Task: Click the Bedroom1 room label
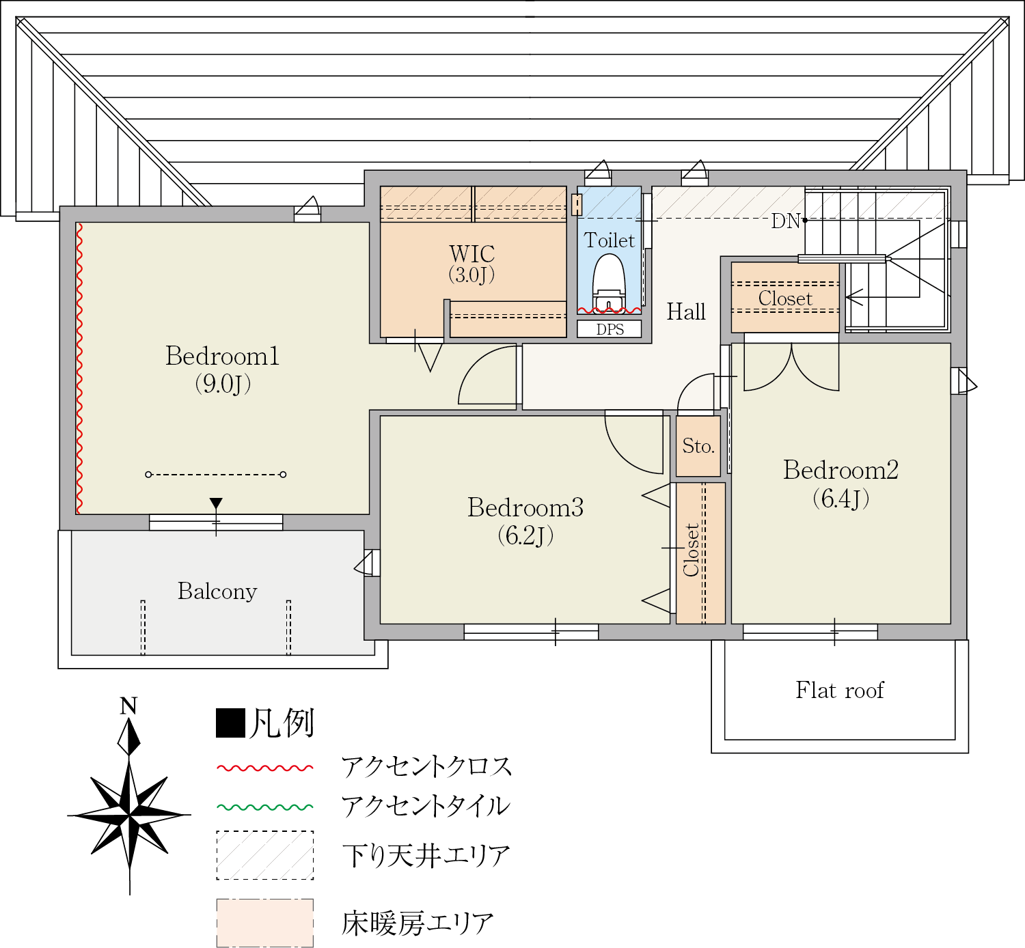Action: coord(222,356)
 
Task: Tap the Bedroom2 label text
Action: coord(840,470)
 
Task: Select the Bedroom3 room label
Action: coord(525,507)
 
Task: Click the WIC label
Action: coord(471,254)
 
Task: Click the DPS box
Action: coord(609,329)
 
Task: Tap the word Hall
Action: coord(686,311)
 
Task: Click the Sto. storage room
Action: coord(698,446)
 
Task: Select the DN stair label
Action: coord(785,221)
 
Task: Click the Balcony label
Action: coord(217,591)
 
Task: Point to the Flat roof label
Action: coord(840,691)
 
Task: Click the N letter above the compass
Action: coord(128,706)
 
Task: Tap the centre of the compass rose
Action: coord(129,815)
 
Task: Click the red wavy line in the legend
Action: coord(264,768)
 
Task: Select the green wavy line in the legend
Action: coord(264,807)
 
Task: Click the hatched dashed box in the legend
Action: coord(264,855)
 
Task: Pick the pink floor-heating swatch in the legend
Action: coord(264,923)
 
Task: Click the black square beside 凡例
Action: coord(230,723)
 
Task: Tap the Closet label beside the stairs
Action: coord(785,298)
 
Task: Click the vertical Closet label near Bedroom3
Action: coord(691,550)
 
